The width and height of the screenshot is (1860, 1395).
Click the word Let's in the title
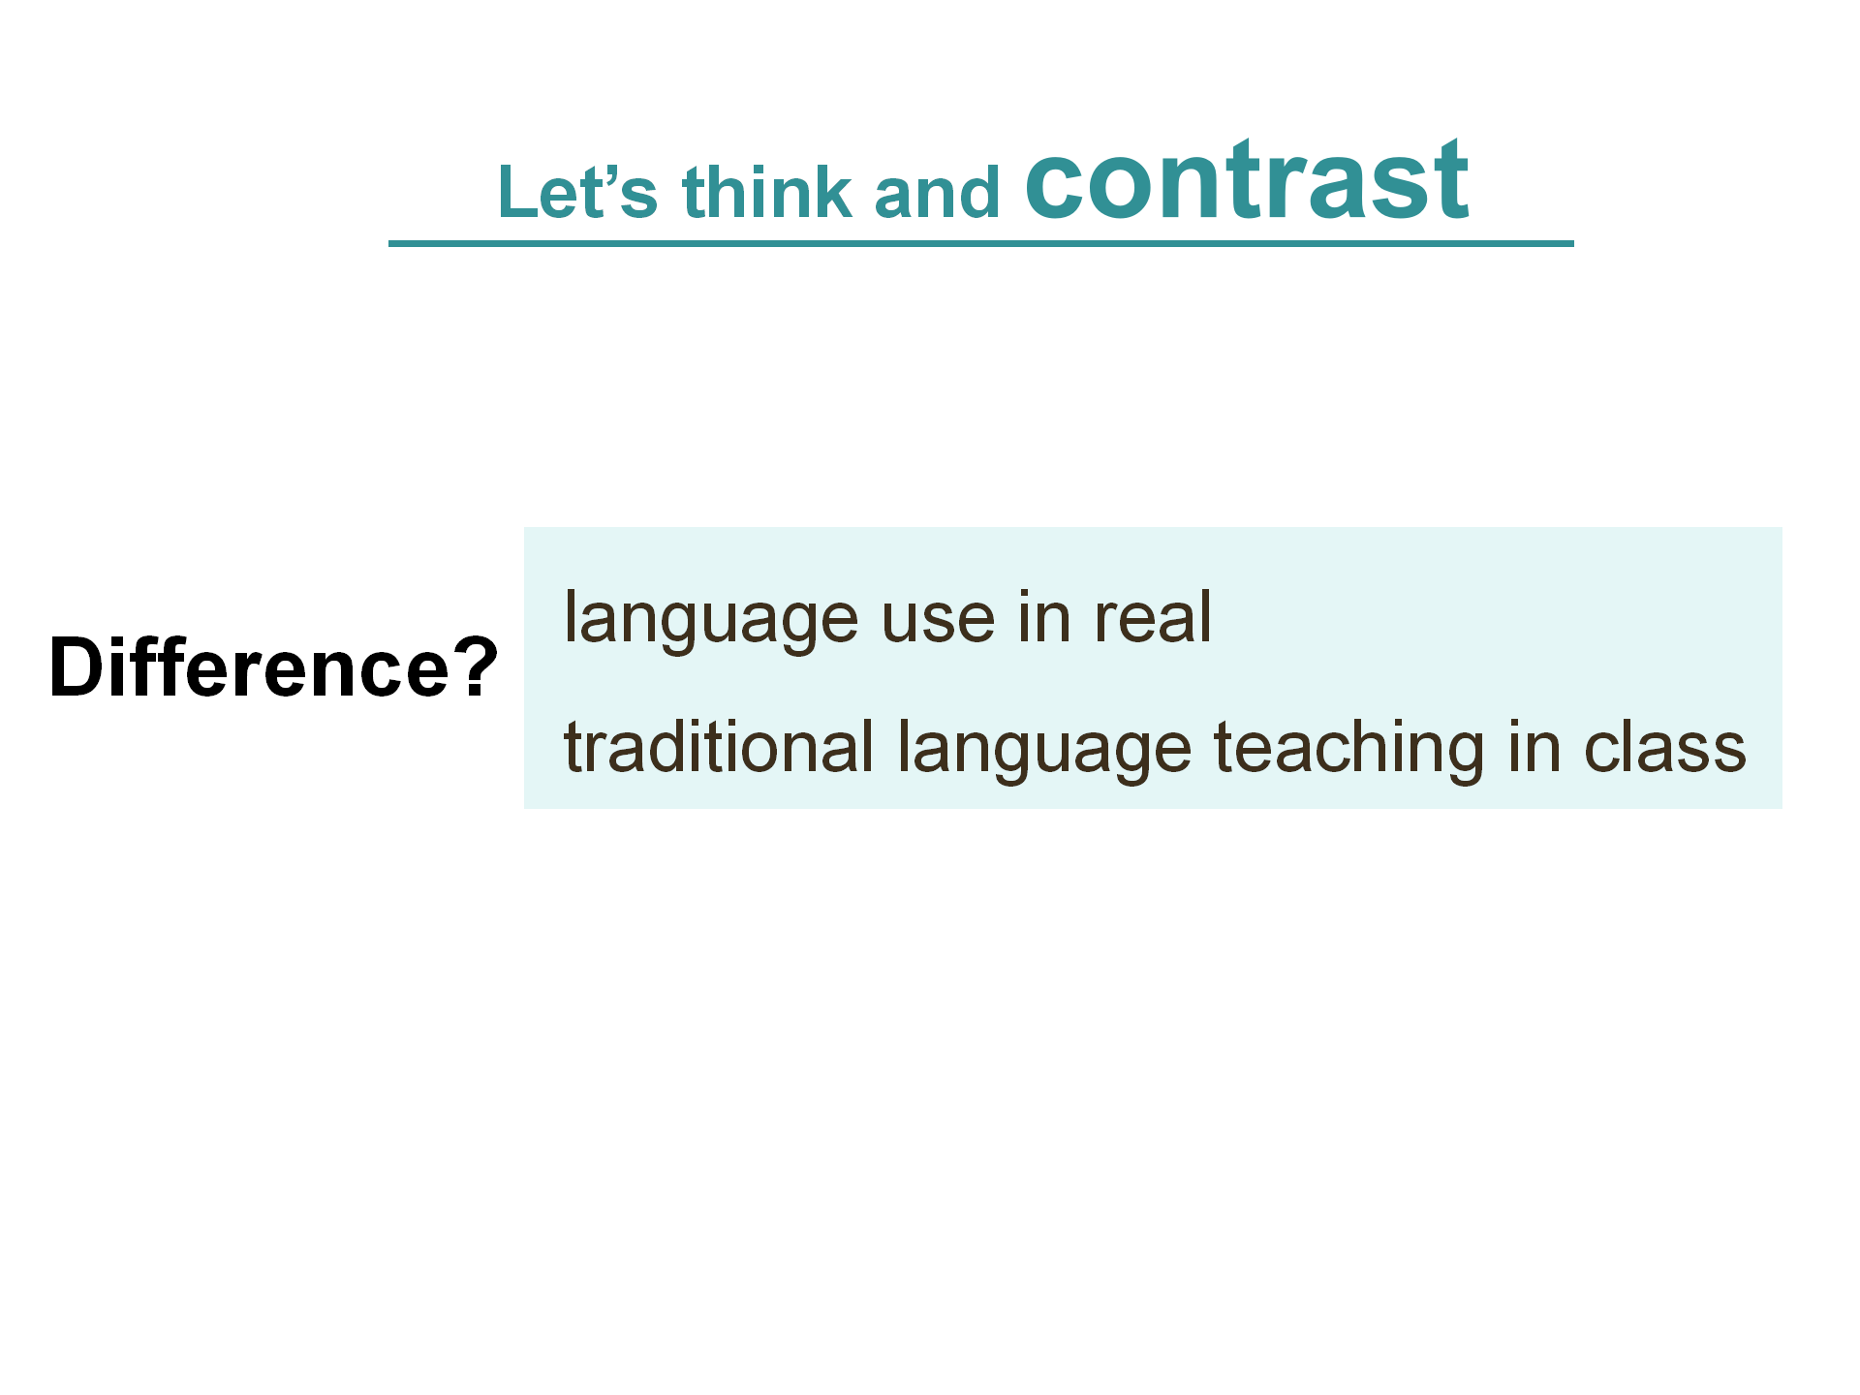pyautogui.click(x=577, y=191)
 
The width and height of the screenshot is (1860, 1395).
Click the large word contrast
pyautogui.click(x=1247, y=179)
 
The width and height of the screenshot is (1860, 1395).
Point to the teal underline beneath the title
pyautogui.click(x=980, y=243)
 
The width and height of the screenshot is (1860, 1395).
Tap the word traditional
pyautogui.click(x=719, y=747)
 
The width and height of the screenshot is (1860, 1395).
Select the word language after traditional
pyautogui.click(x=1044, y=750)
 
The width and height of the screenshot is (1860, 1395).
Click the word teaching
pyautogui.click(x=1348, y=750)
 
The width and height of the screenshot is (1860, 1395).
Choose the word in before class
pyautogui.click(x=1534, y=747)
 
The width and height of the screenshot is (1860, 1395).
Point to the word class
pyautogui.click(x=1665, y=747)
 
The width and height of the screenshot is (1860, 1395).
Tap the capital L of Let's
pyautogui.click(x=516, y=191)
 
